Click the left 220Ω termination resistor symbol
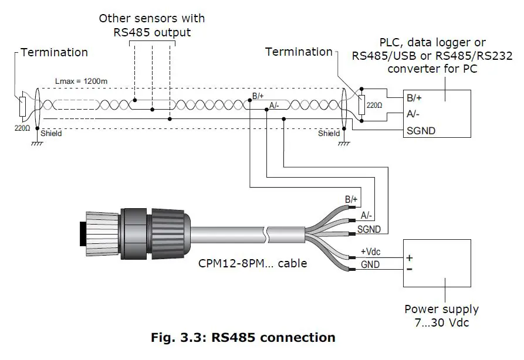[x=22, y=106]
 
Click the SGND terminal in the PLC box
[x=421, y=131]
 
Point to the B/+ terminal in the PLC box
[x=415, y=98]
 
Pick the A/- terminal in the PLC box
[x=414, y=114]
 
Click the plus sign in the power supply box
[x=410, y=257]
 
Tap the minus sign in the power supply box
[x=410, y=269]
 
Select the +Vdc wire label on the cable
[x=370, y=252]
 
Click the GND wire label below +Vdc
[x=370, y=264]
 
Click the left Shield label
[x=51, y=133]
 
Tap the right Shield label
[x=329, y=133]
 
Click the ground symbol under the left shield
[x=36, y=144]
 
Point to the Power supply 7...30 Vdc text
[x=441, y=315]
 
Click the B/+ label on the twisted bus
[x=258, y=96]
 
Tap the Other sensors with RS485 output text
[x=152, y=25]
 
